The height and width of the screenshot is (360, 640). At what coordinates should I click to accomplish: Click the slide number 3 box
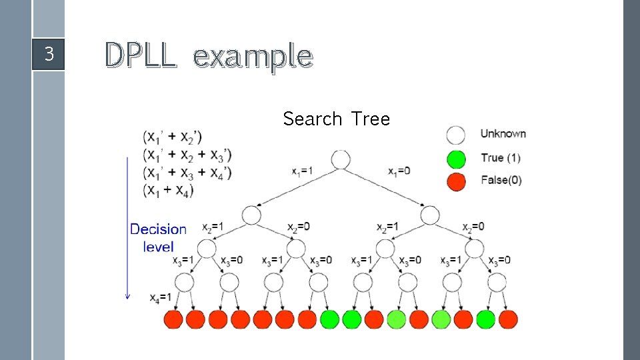pyautogui.click(x=48, y=54)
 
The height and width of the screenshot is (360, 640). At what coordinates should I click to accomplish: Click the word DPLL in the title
pyautogui.click(x=141, y=56)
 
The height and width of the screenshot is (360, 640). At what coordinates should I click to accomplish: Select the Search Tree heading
pyautogui.click(x=336, y=119)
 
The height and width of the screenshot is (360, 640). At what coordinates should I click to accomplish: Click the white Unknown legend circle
pyautogui.click(x=456, y=135)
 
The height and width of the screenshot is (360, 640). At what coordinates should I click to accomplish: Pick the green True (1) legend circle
pyautogui.click(x=456, y=159)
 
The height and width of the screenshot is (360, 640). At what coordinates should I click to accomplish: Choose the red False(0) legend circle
pyautogui.click(x=456, y=181)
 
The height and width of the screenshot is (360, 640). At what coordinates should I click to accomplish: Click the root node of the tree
pyautogui.click(x=341, y=160)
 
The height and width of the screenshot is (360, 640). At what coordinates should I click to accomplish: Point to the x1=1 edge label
pyautogui.click(x=303, y=171)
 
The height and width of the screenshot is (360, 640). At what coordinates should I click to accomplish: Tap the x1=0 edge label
pyautogui.click(x=399, y=171)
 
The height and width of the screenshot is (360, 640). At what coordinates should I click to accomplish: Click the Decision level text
pyautogui.click(x=158, y=237)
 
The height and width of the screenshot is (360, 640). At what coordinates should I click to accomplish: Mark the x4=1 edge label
pyautogui.click(x=161, y=297)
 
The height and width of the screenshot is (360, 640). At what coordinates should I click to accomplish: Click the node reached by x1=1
pyautogui.click(x=251, y=215)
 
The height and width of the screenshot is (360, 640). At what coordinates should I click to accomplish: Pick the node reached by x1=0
pyautogui.click(x=430, y=215)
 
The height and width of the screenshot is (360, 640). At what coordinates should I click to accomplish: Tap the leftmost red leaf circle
pyautogui.click(x=173, y=319)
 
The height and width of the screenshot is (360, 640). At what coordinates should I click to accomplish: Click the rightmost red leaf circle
pyautogui.click(x=508, y=319)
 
